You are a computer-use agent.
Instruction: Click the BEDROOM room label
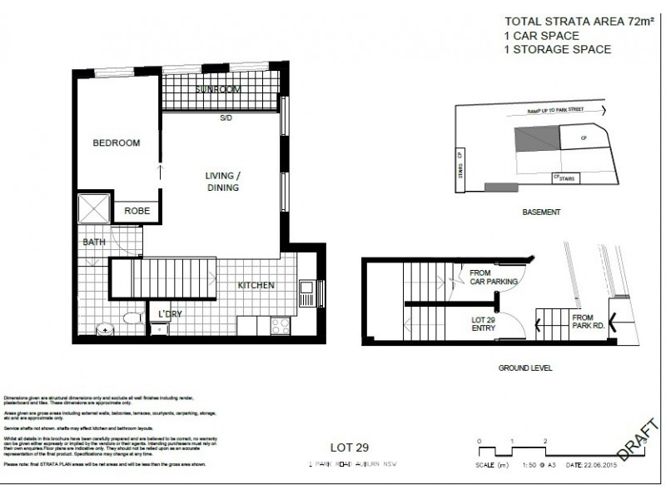point(116,142)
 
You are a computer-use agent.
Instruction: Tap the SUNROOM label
point(218,88)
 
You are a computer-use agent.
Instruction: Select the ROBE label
point(137,211)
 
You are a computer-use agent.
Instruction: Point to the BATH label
point(93,242)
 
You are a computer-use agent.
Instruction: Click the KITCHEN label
point(256,285)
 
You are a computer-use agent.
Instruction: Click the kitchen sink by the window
point(306,292)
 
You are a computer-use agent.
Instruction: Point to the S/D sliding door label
point(226,117)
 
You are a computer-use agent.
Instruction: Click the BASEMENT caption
point(541,212)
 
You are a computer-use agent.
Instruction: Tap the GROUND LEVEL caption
point(525,367)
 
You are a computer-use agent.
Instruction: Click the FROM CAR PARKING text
point(494,277)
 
